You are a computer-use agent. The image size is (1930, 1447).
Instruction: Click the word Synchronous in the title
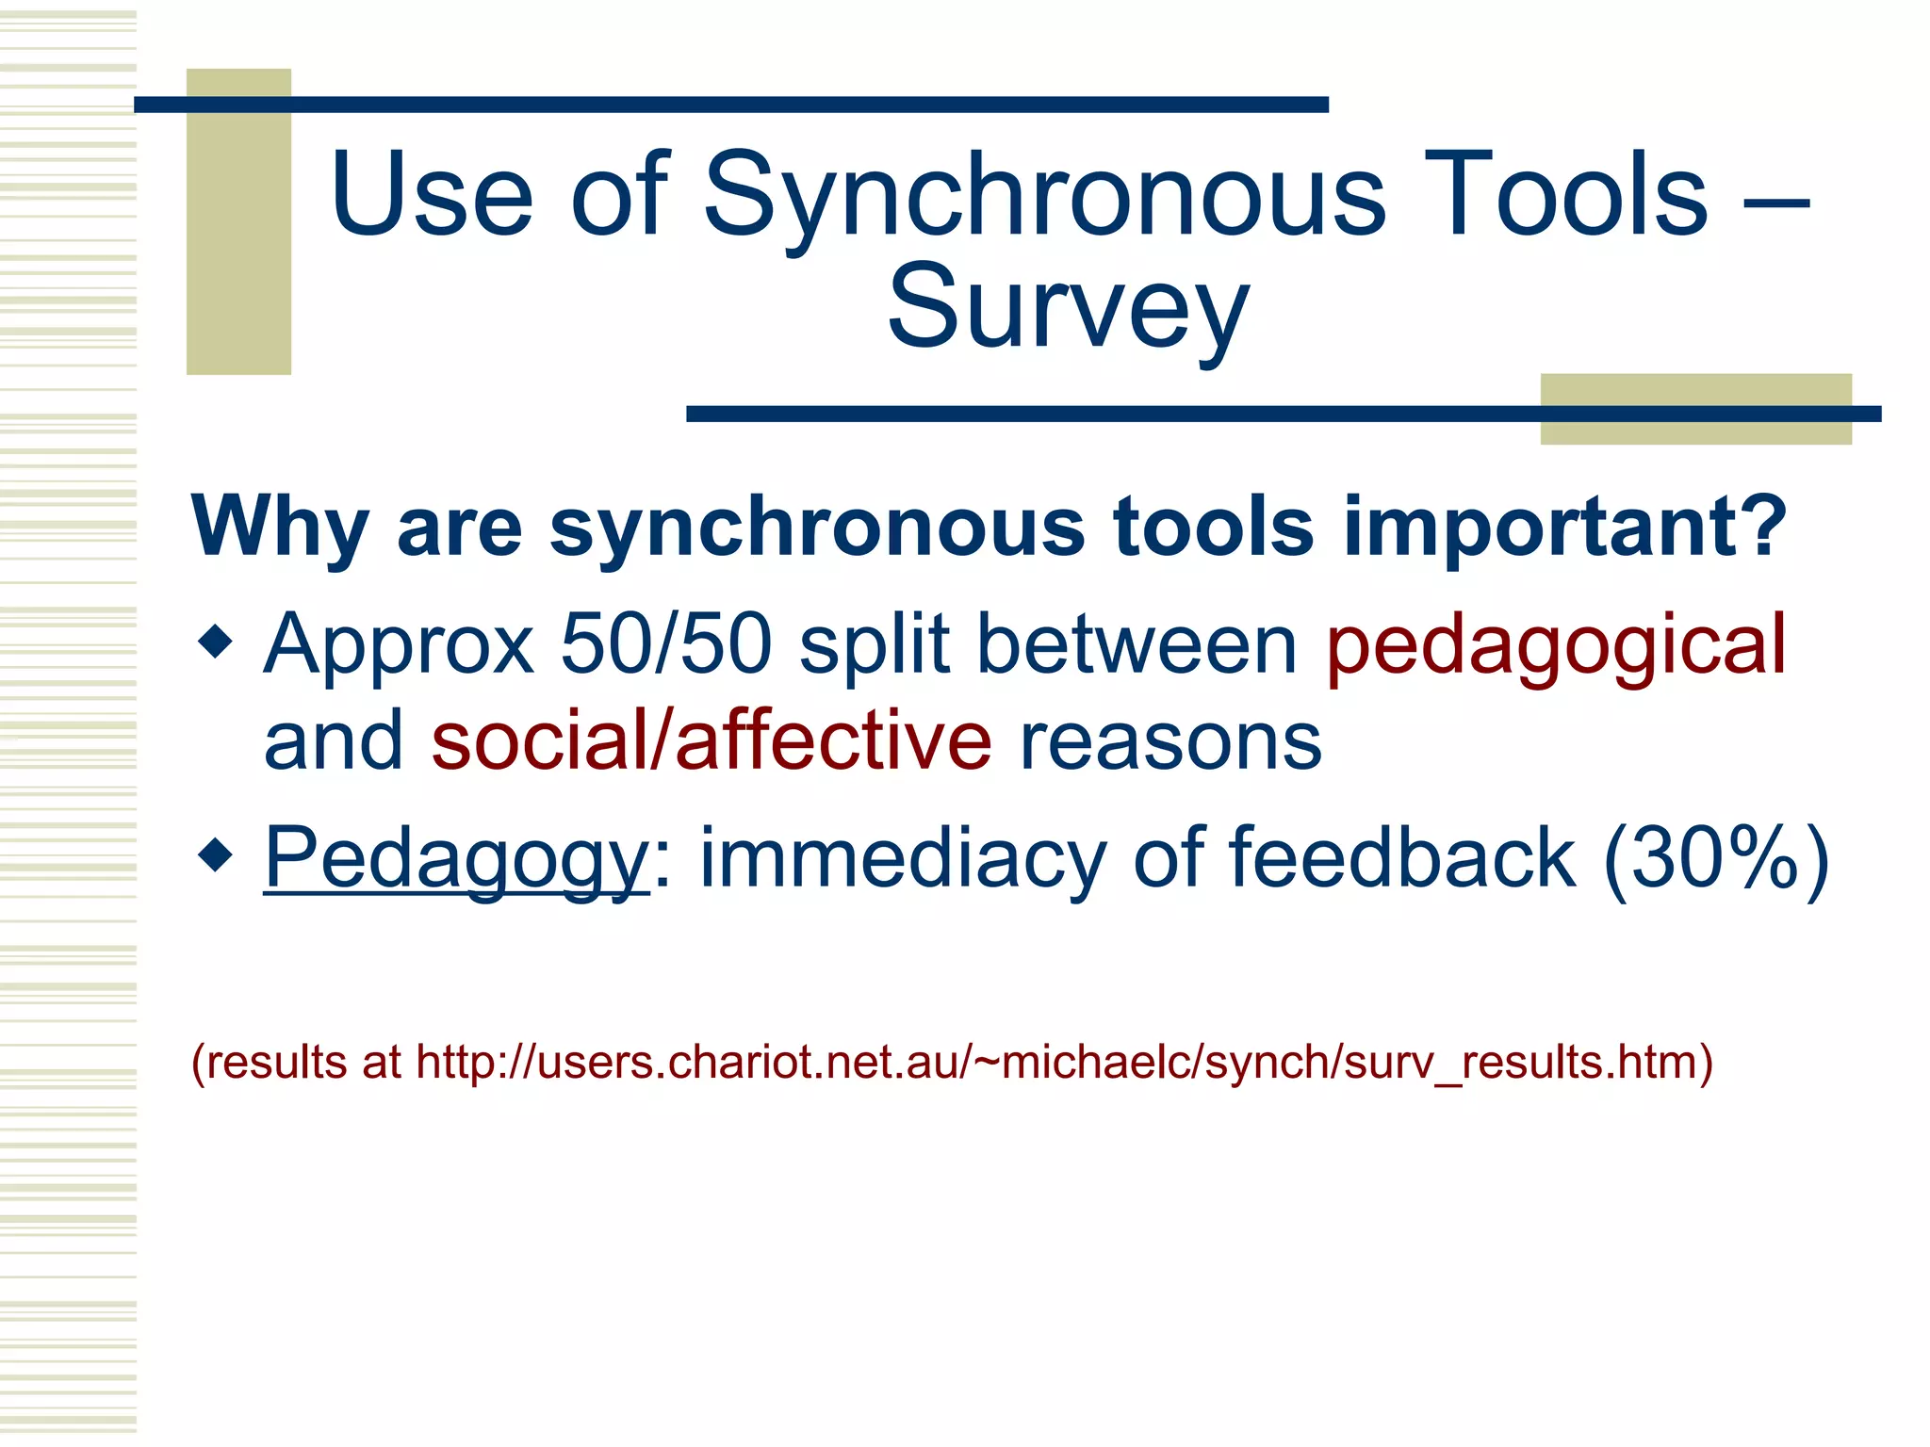coord(1044,196)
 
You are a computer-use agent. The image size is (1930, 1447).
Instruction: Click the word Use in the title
coord(432,196)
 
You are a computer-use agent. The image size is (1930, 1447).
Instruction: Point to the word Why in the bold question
coord(279,528)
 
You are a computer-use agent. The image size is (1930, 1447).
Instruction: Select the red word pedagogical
coord(1555,646)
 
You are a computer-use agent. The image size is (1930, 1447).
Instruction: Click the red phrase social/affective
coord(711,741)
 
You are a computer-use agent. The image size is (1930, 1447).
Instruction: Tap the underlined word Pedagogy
coord(456,858)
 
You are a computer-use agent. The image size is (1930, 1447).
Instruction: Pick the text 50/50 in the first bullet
coord(666,644)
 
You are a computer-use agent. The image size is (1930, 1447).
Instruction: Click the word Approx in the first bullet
coord(399,646)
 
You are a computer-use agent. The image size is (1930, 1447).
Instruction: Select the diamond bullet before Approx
coord(216,643)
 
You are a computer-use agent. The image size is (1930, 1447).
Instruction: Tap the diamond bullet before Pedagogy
coord(216,855)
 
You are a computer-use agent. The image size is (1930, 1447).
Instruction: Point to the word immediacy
coord(902,858)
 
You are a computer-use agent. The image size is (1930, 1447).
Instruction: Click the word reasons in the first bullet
coord(1170,741)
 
